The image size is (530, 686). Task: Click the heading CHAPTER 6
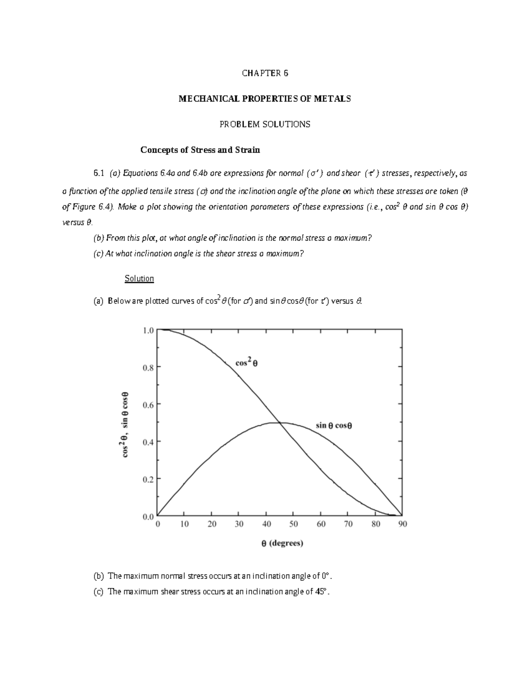click(x=265, y=73)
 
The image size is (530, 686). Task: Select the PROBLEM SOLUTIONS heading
click(x=265, y=125)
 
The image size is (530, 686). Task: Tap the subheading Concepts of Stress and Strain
click(x=200, y=150)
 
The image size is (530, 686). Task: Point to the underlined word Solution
click(x=139, y=279)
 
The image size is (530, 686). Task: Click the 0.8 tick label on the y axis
click(x=148, y=367)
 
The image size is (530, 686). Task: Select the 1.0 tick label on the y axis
click(x=148, y=330)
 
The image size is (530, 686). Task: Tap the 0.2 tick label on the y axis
click(x=148, y=479)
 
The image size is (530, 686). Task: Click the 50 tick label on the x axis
click(x=293, y=524)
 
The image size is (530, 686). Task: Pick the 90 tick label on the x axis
click(x=402, y=524)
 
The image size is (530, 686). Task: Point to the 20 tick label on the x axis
click(x=212, y=524)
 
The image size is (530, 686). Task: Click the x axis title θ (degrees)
click(x=282, y=544)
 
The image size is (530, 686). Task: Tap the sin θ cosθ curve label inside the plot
click(x=337, y=426)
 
